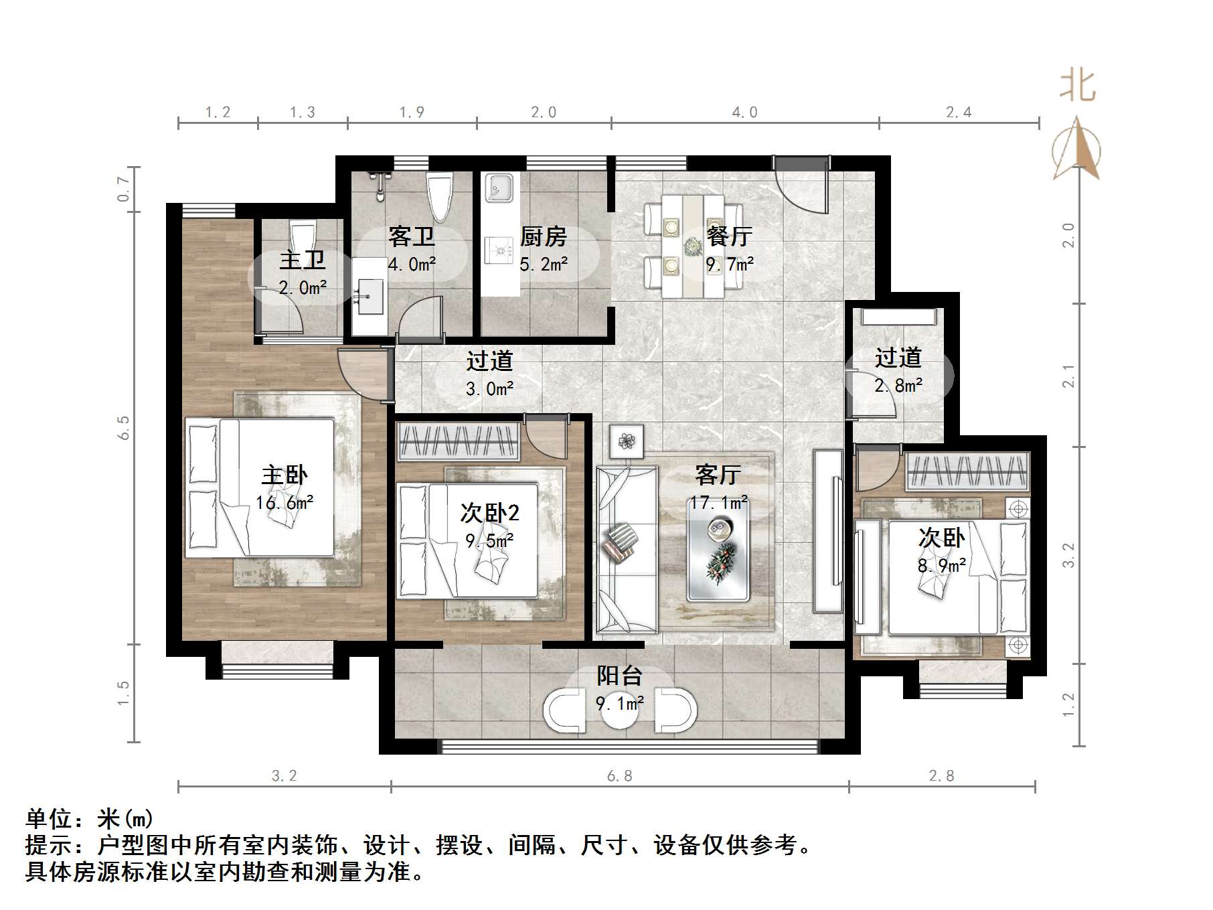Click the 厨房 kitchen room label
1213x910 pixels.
pos(543,236)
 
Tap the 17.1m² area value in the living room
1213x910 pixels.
pos(719,502)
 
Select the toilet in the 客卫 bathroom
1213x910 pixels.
pos(440,196)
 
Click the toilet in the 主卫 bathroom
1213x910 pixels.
pos(302,238)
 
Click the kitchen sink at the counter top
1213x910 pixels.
pos(499,187)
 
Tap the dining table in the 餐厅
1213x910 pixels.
pos(693,246)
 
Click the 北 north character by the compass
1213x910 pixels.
pos(1077,86)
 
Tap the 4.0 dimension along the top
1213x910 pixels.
pos(744,112)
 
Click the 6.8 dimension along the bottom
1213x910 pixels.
pos(620,776)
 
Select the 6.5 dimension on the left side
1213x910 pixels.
pos(123,427)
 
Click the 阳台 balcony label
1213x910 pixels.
pos(620,676)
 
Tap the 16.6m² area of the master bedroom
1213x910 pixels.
pos(285,502)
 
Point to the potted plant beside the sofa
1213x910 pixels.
pos(627,441)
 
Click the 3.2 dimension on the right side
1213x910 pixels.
pos(1068,554)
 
